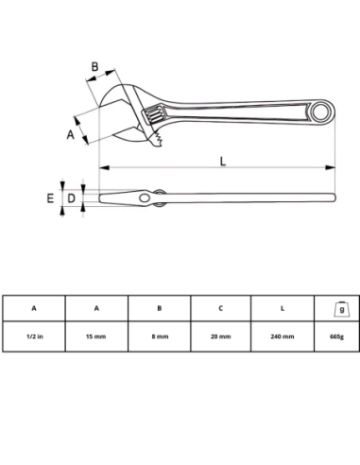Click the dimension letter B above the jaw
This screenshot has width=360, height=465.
tap(94, 67)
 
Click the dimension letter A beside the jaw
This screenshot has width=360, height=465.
tap(71, 134)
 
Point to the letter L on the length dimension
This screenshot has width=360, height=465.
tap(223, 161)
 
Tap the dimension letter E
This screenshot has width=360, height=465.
tap(50, 198)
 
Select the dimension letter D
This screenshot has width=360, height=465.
tap(72, 198)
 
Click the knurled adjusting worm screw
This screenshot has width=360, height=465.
tap(154, 115)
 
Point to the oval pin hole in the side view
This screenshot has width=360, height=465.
tap(145, 198)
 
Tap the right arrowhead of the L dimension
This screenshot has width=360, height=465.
tap(331, 167)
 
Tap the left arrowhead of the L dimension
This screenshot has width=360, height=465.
tap(104, 167)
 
